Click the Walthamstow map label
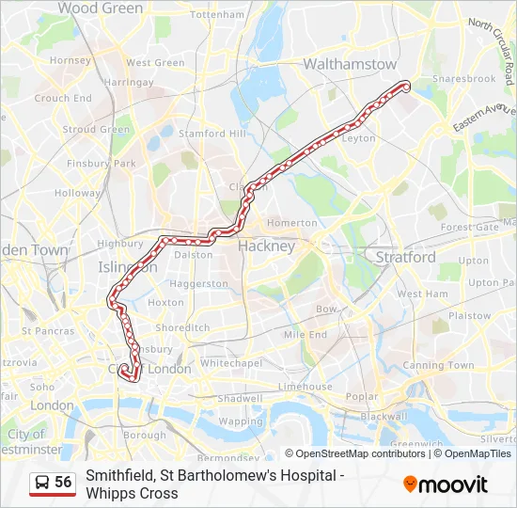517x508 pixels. pos(350,64)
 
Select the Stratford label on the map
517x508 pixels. pos(405,257)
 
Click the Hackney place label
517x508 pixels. pos(266,246)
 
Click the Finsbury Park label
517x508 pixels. pos(102,164)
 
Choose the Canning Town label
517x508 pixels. pos(438,365)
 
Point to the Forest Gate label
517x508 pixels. pos(469,227)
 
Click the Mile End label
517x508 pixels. pos(305,334)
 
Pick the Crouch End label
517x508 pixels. pos(63,98)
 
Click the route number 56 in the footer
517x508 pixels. pos(63,482)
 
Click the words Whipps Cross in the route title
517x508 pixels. pos(132,493)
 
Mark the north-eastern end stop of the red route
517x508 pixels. pos(406,87)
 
